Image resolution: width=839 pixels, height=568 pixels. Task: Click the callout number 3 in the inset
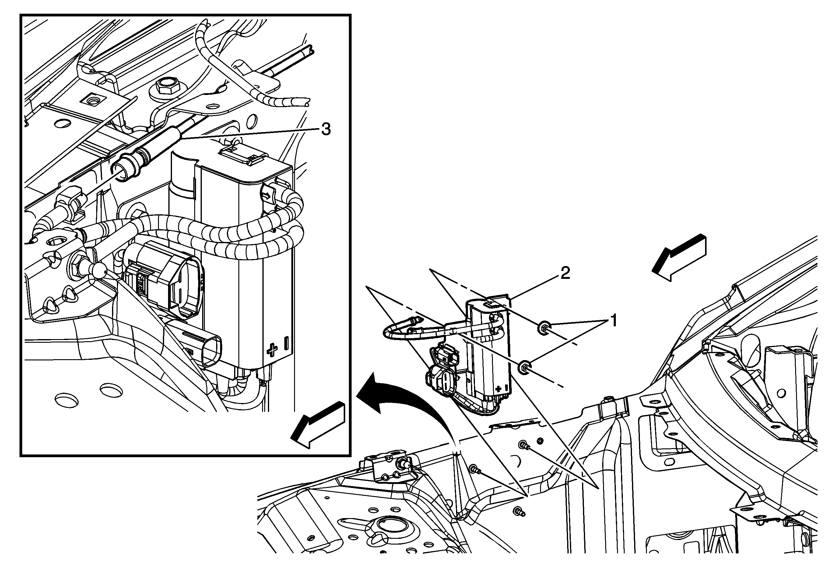point(326,129)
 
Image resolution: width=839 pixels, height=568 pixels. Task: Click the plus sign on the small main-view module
point(499,389)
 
